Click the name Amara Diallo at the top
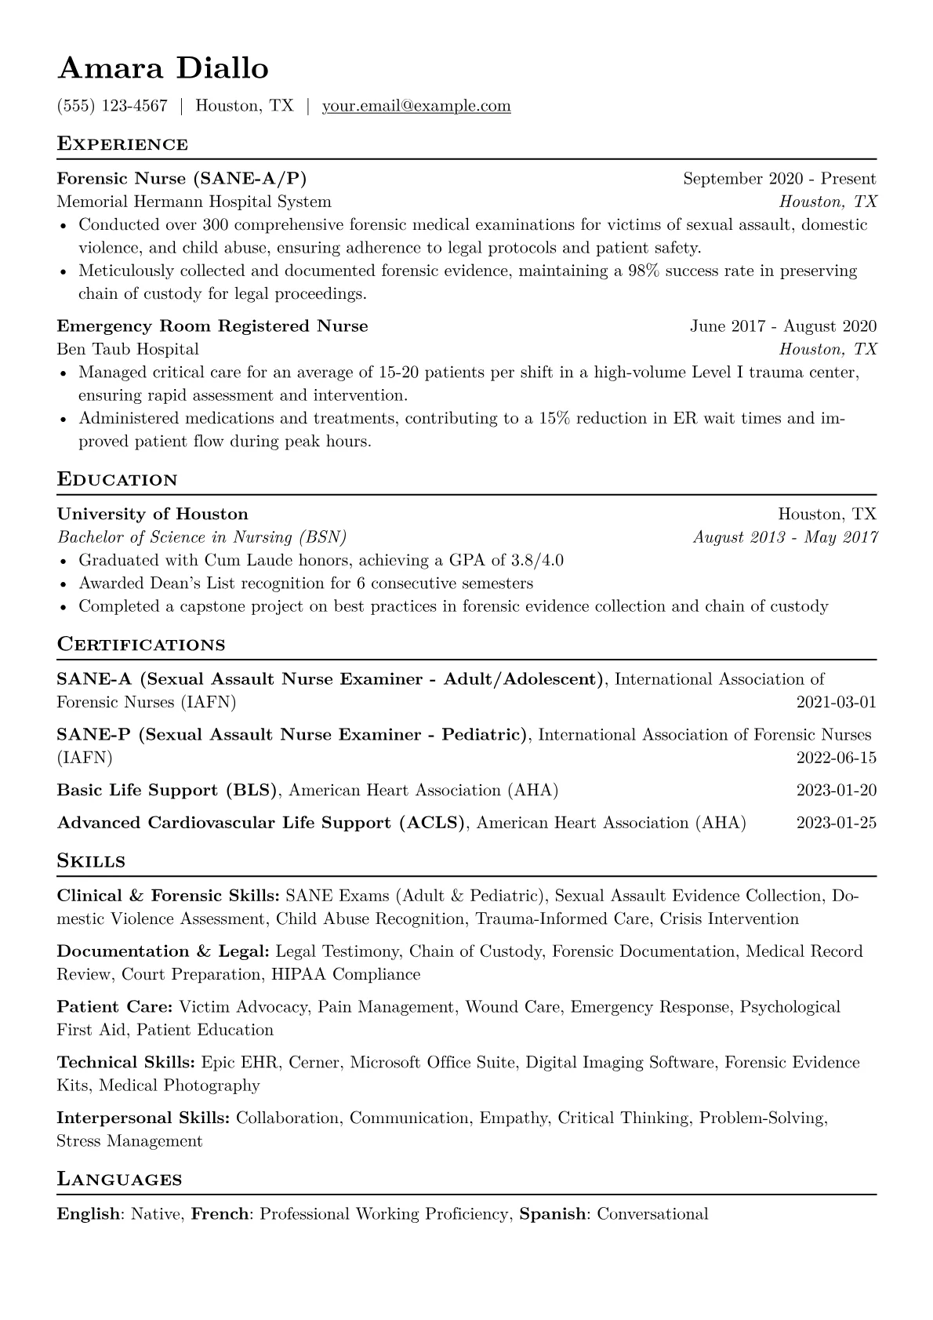tap(163, 69)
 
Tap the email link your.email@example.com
tap(416, 106)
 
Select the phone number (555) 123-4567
tap(112, 106)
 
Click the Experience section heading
tap(122, 144)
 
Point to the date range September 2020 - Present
tap(779, 179)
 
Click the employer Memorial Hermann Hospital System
tap(194, 202)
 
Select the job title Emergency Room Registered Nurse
tap(212, 326)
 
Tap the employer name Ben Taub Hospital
tap(128, 349)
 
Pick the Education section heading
tap(118, 480)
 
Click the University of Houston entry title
tap(153, 515)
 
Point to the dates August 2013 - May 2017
tap(785, 537)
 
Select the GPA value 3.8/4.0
tap(537, 561)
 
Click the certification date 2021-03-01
tap(836, 702)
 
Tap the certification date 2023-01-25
tap(836, 823)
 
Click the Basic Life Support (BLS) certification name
tap(167, 791)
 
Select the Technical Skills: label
tap(125, 1063)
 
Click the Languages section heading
tap(119, 1180)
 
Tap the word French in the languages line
tap(220, 1214)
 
